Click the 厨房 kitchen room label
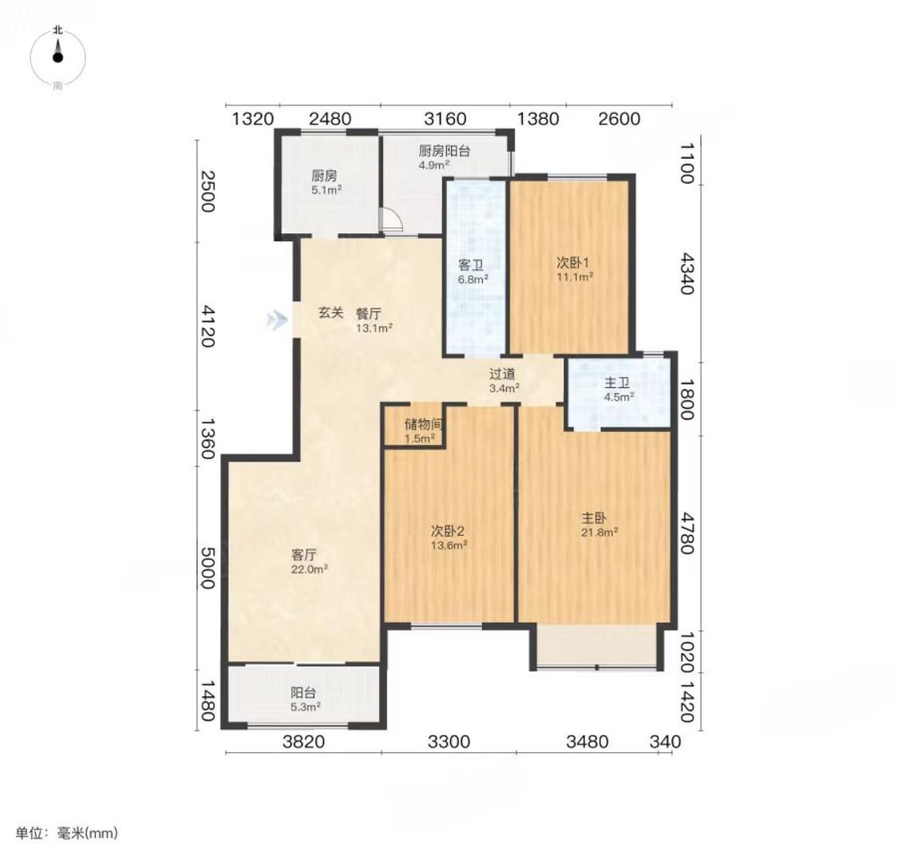pos(324,176)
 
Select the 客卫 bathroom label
pos(471,265)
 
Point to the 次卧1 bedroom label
pos(573,263)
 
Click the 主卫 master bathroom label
pos(617,382)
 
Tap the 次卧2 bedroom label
pos(448,530)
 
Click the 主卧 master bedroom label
pos(594,518)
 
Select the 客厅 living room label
pos(304,555)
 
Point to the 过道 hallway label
pos(502,374)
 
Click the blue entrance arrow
pos(277,319)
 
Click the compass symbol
pos(57,57)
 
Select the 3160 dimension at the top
pos(445,119)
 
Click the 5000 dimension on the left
pos(207,568)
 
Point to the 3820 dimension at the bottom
pos(303,742)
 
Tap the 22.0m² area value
pos(309,569)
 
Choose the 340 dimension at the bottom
pos(666,742)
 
